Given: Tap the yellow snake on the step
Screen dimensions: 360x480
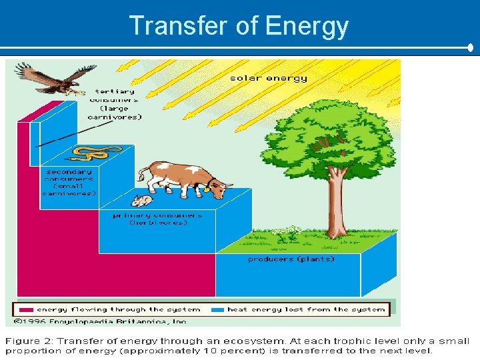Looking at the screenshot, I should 91,154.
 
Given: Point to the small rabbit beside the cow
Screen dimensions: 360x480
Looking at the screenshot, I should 141,200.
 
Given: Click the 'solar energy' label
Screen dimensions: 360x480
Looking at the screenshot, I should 269,78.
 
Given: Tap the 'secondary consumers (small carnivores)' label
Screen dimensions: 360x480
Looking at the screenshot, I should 69,182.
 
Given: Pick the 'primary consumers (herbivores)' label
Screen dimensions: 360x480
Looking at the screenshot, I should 158,219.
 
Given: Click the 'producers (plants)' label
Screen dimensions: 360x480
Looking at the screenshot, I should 291,259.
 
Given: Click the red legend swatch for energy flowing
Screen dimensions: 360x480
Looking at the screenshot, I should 26,309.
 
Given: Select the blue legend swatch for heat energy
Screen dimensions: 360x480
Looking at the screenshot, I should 217,309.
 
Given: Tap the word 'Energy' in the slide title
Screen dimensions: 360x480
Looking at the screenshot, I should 306,26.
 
